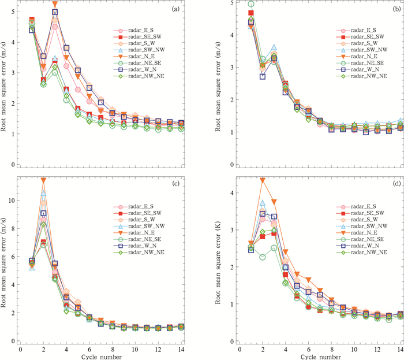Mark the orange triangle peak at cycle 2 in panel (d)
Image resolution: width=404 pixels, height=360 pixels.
[263, 180]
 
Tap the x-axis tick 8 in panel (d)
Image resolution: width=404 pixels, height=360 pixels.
[331, 350]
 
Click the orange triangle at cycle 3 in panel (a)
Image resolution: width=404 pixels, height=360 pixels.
[55, 5]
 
